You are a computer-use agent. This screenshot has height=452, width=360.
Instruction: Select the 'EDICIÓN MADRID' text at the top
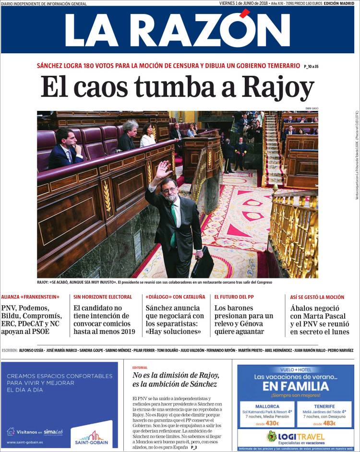click(x=338, y=3)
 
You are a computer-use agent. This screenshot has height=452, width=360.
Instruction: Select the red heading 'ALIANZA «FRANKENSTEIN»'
click(x=30, y=297)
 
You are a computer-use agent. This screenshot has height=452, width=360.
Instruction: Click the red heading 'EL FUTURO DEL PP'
click(x=234, y=297)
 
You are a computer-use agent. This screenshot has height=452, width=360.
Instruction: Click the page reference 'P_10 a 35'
click(x=311, y=66)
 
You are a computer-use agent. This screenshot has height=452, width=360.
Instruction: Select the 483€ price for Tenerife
click(x=329, y=424)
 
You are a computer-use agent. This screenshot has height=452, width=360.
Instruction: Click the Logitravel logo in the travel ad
click(x=296, y=437)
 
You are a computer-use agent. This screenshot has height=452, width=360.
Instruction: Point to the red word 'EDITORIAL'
click(x=140, y=368)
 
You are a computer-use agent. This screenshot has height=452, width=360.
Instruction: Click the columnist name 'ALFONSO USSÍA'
click(x=32, y=350)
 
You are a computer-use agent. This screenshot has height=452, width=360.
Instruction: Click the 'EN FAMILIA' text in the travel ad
click(x=296, y=386)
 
